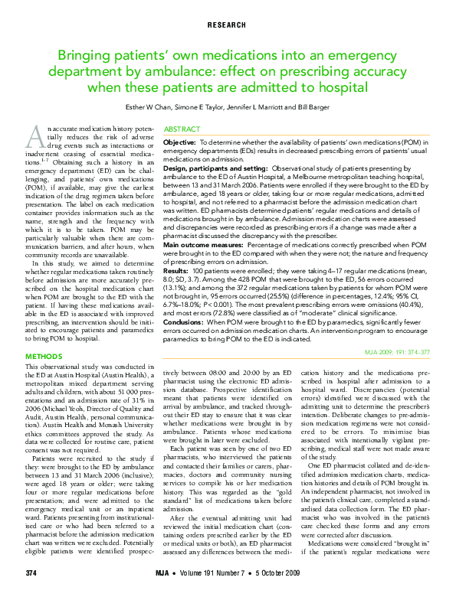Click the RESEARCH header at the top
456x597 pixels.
click(x=228, y=25)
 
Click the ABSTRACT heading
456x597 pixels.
click(x=182, y=131)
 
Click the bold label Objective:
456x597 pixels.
click(x=180, y=143)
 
